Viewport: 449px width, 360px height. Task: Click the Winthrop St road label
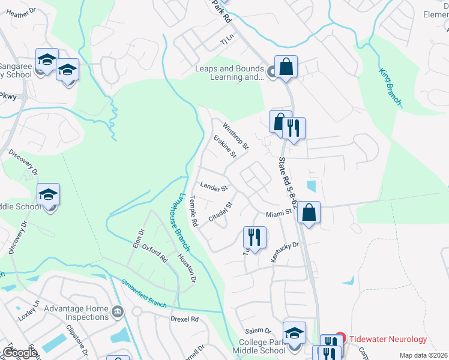tap(235, 136)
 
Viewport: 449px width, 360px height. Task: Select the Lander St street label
tap(214, 188)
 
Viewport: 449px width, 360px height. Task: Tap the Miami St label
tap(279, 212)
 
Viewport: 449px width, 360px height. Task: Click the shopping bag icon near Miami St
tap(309, 212)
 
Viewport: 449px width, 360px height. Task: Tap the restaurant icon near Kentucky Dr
tap(255, 238)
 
